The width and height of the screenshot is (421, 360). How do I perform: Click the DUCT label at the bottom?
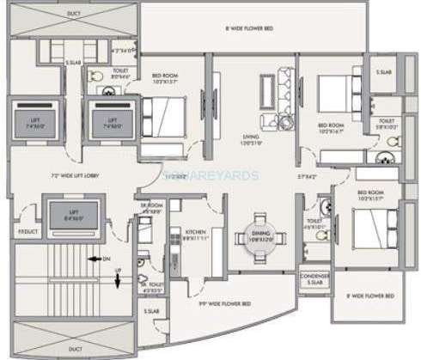pos(76,348)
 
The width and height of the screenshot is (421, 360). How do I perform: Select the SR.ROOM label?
pos(151,206)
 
